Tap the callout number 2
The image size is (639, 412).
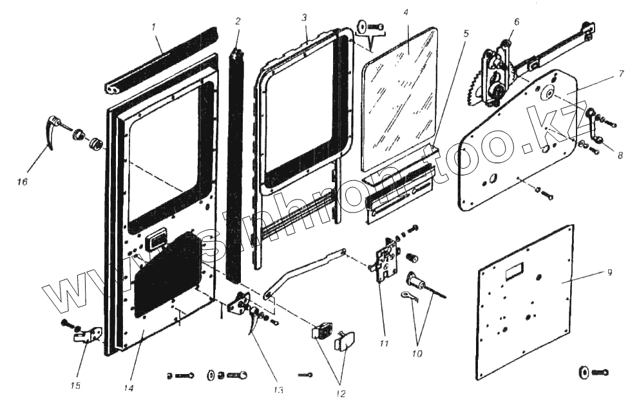pyautogui.click(x=238, y=21)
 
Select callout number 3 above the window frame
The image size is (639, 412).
pyautogui.click(x=303, y=17)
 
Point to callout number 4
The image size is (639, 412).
pyautogui.click(x=406, y=13)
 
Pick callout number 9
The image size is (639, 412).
pyautogui.click(x=609, y=272)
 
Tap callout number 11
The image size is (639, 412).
pyautogui.click(x=384, y=344)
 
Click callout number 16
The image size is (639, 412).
pyautogui.click(x=22, y=182)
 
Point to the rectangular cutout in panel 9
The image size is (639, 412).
pyautogui.click(x=515, y=273)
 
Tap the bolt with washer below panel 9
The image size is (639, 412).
pyautogui.click(x=593, y=372)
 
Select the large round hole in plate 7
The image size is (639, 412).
pyautogui.click(x=550, y=92)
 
